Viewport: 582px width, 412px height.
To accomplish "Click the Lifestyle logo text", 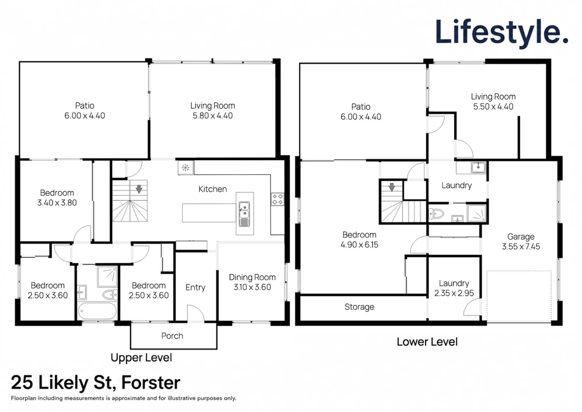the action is point(502,32).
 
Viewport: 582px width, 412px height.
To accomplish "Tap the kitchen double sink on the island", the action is point(244,214).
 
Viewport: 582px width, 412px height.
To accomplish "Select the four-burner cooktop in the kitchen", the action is point(277,199).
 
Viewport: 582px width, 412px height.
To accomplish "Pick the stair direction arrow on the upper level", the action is point(139,189).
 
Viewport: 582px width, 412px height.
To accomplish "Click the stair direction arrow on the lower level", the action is point(392,187).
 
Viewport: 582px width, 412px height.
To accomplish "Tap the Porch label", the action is point(172,336).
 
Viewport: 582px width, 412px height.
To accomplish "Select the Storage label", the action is point(359,307).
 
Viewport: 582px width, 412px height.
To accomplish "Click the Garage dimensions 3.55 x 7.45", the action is point(521,247).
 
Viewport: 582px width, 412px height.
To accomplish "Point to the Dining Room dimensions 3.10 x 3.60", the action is point(252,287).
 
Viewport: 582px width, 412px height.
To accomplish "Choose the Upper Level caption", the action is point(141,358).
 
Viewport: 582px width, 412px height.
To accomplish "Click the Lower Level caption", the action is point(427,342).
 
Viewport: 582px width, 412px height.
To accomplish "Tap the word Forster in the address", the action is point(151,383).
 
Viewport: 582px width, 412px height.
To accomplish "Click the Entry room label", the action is point(195,288).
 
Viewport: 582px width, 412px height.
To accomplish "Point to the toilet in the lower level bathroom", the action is point(436,214).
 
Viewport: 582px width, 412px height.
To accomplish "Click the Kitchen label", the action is point(213,189).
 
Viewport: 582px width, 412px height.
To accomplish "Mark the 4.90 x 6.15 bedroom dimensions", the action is point(359,245).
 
